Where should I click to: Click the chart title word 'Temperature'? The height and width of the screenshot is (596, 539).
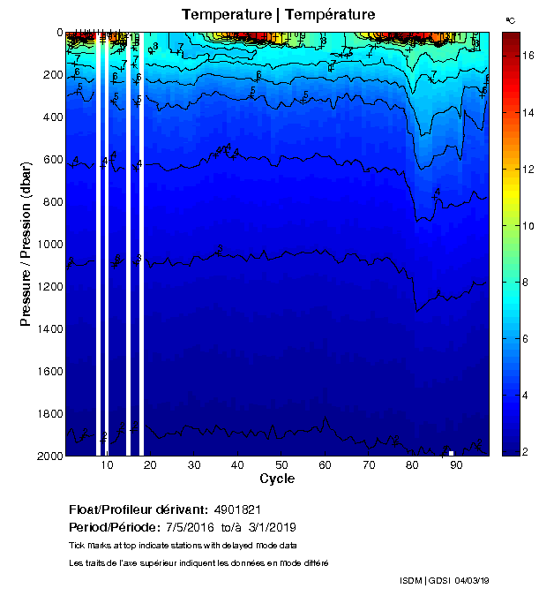tap(221, 15)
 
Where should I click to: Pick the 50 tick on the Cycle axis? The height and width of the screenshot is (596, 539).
tap(281, 465)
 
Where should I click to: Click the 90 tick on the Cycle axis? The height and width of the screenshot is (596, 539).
tap(456, 465)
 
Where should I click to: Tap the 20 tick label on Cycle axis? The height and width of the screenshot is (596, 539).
tap(150, 465)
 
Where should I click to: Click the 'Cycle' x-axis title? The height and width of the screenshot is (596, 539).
tap(277, 479)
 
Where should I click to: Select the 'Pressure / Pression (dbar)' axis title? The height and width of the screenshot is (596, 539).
tap(26, 244)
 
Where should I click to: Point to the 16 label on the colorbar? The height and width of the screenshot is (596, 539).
tap(528, 55)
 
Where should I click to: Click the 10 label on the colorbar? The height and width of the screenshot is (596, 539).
tap(528, 225)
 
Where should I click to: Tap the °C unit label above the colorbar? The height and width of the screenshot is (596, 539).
tap(510, 19)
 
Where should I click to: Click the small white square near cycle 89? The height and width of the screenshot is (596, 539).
tap(451, 453)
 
